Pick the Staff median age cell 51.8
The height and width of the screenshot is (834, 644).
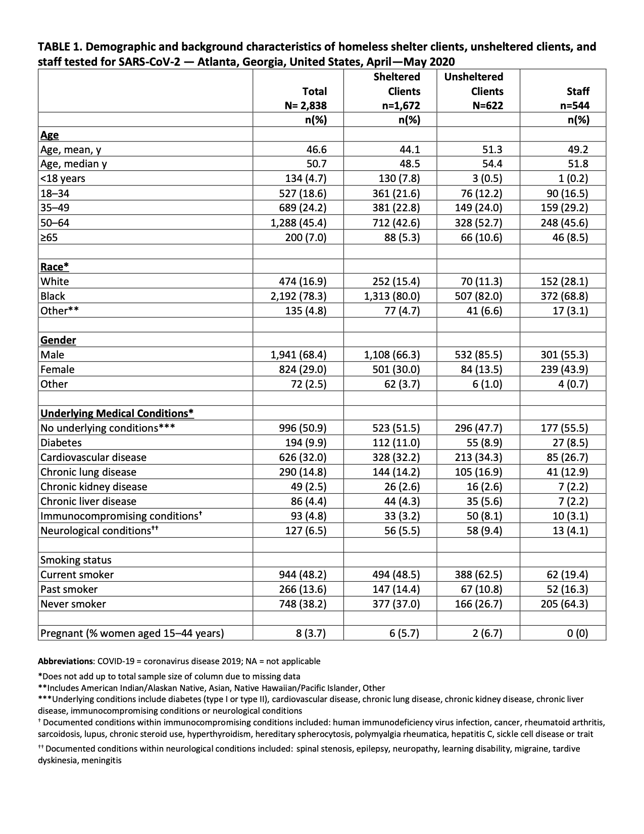[578, 164]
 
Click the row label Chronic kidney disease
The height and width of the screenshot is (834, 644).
[94, 487]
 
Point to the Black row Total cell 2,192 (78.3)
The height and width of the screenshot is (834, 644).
[299, 296]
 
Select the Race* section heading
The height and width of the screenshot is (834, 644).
[55, 267]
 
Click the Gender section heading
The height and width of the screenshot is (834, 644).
[58, 340]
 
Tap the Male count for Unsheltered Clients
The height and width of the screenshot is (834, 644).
[479, 355]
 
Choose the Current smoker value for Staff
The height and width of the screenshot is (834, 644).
[568, 575]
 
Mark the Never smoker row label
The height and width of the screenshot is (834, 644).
[73, 604]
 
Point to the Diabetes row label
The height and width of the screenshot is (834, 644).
[61, 443]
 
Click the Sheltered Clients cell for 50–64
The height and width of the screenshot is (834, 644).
[393, 222]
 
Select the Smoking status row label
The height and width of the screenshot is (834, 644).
[76, 560]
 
